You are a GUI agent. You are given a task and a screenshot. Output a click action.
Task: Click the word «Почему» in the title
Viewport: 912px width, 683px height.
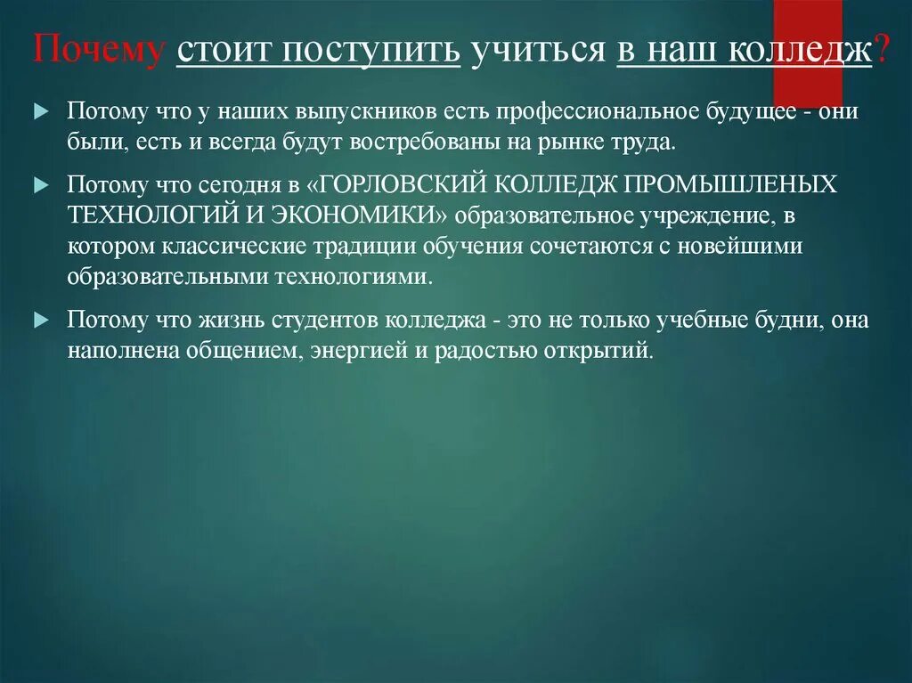(x=98, y=51)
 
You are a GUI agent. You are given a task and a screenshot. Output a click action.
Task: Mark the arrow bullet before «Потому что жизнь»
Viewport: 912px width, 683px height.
(x=43, y=319)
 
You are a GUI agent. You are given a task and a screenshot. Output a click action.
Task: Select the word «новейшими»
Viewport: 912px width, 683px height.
(x=745, y=246)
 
